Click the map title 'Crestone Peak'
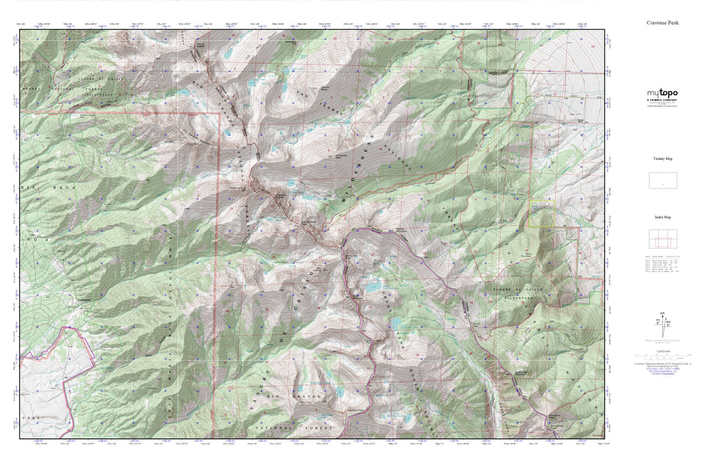(662, 22)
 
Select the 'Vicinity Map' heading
(662, 159)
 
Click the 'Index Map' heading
(662, 217)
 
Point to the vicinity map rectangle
(663, 180)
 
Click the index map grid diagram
(663, 239)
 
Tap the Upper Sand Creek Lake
(373, 287)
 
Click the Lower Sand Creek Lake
(396, 323)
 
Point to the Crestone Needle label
(279, 196)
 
